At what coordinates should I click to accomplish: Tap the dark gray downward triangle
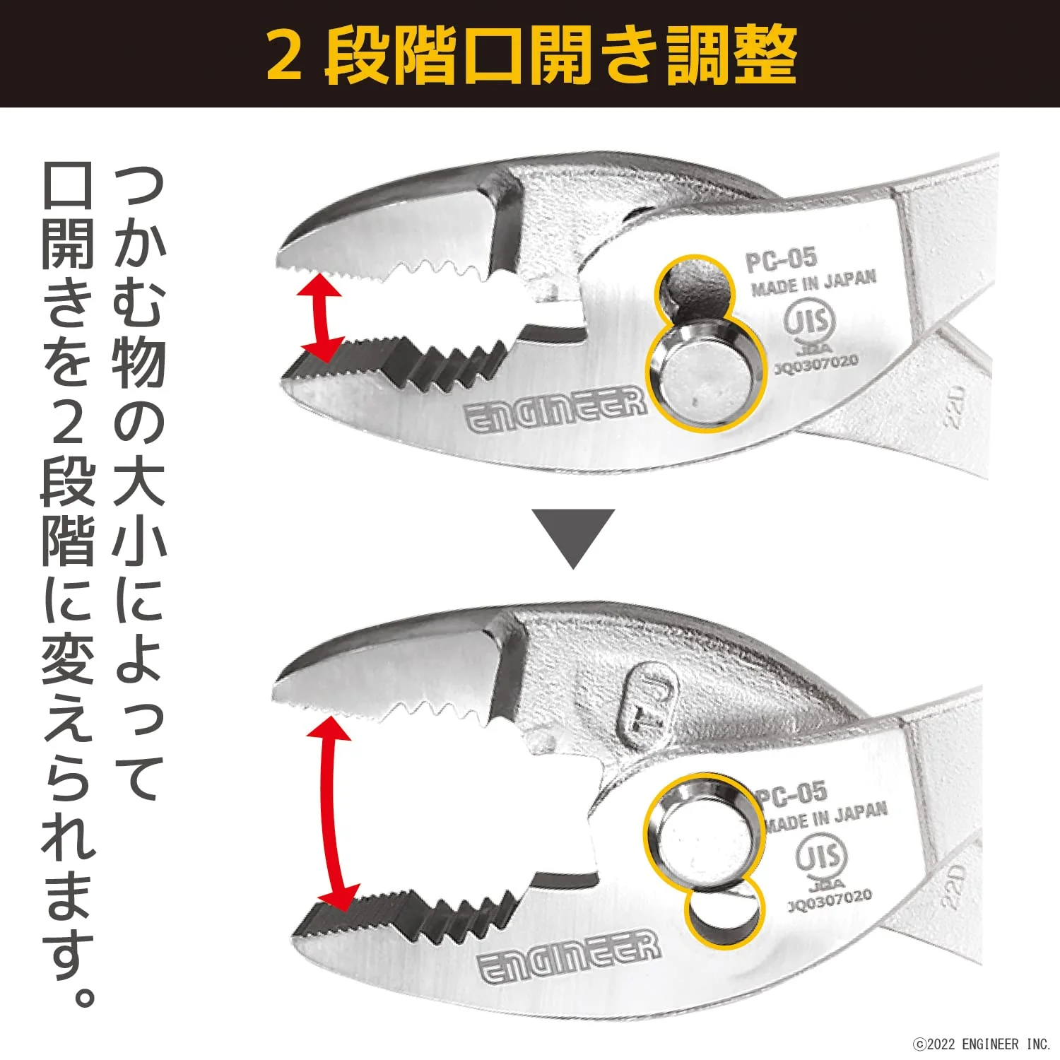click(x=574, y=538)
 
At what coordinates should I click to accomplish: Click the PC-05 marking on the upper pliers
click(x=781, y=259)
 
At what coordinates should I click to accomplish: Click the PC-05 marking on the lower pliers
click(x=791, y=795)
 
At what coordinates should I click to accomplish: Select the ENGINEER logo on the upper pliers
click(x=555, y=410)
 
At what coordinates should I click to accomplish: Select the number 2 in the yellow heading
click(x=284, y=56)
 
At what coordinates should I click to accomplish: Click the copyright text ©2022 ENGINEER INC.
click(x=982, y=1044)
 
